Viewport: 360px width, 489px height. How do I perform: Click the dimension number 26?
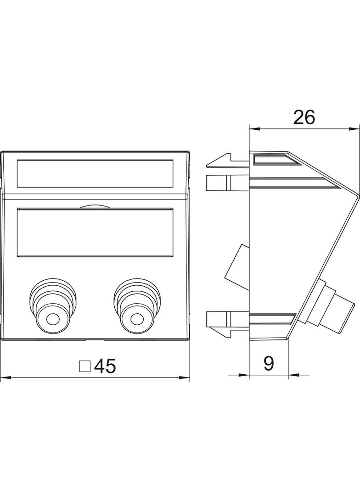pos(304,117)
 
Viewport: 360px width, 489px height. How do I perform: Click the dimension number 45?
pos(105,366)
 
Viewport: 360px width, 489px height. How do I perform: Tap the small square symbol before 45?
pos(84,367)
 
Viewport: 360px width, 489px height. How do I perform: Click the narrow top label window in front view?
pos(95,173)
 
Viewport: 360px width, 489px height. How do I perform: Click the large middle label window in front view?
pos(95,232)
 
